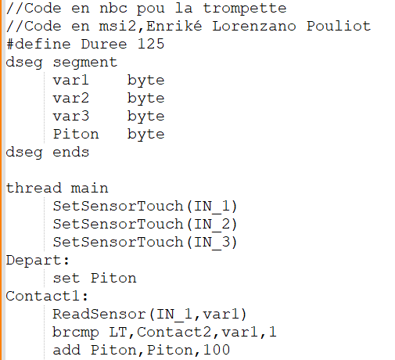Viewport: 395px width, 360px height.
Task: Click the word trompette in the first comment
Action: tap(245, 9)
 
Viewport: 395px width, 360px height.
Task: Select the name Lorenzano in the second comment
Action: tap(254, 26)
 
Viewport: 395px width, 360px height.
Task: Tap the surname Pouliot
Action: tap(339, 26)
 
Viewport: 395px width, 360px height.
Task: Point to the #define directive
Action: tap(38, 44)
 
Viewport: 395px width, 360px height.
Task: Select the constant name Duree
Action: tap(104, 44)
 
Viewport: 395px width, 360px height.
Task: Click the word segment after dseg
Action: tap(85, 63)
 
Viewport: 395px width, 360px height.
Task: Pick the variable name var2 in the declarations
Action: tap(71, 98)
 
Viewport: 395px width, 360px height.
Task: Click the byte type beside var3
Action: tap(145, 117)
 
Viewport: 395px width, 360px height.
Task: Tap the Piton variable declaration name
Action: tap(76, 134)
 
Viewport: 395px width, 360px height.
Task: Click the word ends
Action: tap(71, 152)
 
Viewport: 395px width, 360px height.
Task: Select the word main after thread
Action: tap(89, 188)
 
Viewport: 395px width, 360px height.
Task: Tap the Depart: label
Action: tap(38, 261)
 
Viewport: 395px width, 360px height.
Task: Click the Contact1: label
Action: tap(47, 297)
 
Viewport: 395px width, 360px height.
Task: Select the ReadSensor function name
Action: tap(99, 314)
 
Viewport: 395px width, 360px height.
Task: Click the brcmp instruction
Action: tap(76, 333)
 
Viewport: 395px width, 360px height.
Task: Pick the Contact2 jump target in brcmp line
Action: tap(174, 332)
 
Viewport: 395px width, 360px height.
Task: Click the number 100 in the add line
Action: tap(217, 350)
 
